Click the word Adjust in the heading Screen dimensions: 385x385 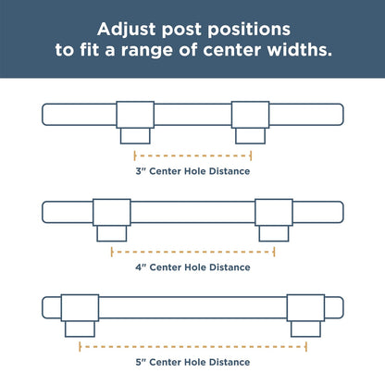(127, 30)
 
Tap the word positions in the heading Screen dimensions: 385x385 (249, 31)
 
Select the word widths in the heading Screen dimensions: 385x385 (300, 50)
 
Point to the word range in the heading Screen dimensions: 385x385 (146, 51)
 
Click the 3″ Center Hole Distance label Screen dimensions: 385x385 (192, 171)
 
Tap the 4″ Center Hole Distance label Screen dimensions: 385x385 (192, 267)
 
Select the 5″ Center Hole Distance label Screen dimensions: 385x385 (192, 362)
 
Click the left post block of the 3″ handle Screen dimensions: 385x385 (135, 115)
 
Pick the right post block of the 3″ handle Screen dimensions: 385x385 (250, 115)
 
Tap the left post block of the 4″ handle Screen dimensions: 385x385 (112, 212)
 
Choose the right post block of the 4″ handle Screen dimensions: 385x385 (274, 212)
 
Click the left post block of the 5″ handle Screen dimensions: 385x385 (80, 308)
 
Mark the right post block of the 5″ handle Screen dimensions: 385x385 (305, 308)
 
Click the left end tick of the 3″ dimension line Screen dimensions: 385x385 (135, 155)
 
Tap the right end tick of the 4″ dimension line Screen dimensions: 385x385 (274, 252)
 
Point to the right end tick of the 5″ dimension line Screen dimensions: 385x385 (305, 347)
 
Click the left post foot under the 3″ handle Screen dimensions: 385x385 (135, 136)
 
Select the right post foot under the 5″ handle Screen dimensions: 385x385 (305, 329)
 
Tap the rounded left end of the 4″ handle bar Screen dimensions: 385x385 (43, 212)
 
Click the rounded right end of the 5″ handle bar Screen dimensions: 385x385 (343, 308)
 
